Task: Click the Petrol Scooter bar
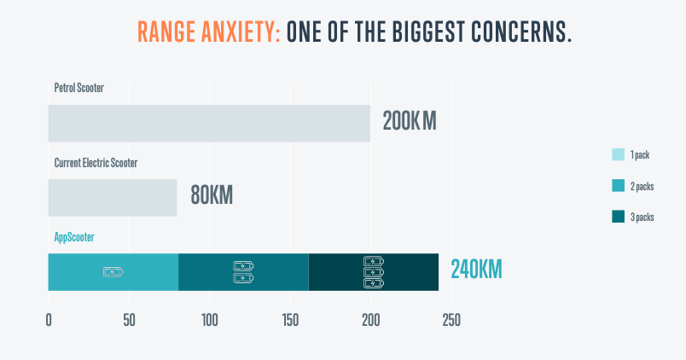[x=209, y=123]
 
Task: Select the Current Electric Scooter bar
[x=112, y=197]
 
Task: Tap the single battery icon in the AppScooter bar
[x=113, y=272]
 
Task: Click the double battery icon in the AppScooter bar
[x=243, y=272]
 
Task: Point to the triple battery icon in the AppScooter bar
[x=374, y=272]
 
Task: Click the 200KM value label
[x=409, y=121]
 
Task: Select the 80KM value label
[x=211, y=195]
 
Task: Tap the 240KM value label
[x=476, y=270]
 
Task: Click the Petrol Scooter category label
[x=78, y=88]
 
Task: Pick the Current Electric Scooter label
[x=96, y=162]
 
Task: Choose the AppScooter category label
[x=74, y=236]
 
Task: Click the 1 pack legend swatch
[x=619, y=155]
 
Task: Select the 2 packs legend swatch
[x=619, y=186]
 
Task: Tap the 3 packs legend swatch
[x=619, y=217]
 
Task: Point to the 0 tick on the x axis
[x=49, y=321]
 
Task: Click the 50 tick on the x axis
[x=129, y=321]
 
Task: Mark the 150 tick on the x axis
[x=290, y=321]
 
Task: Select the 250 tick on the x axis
[x=451, y=321]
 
